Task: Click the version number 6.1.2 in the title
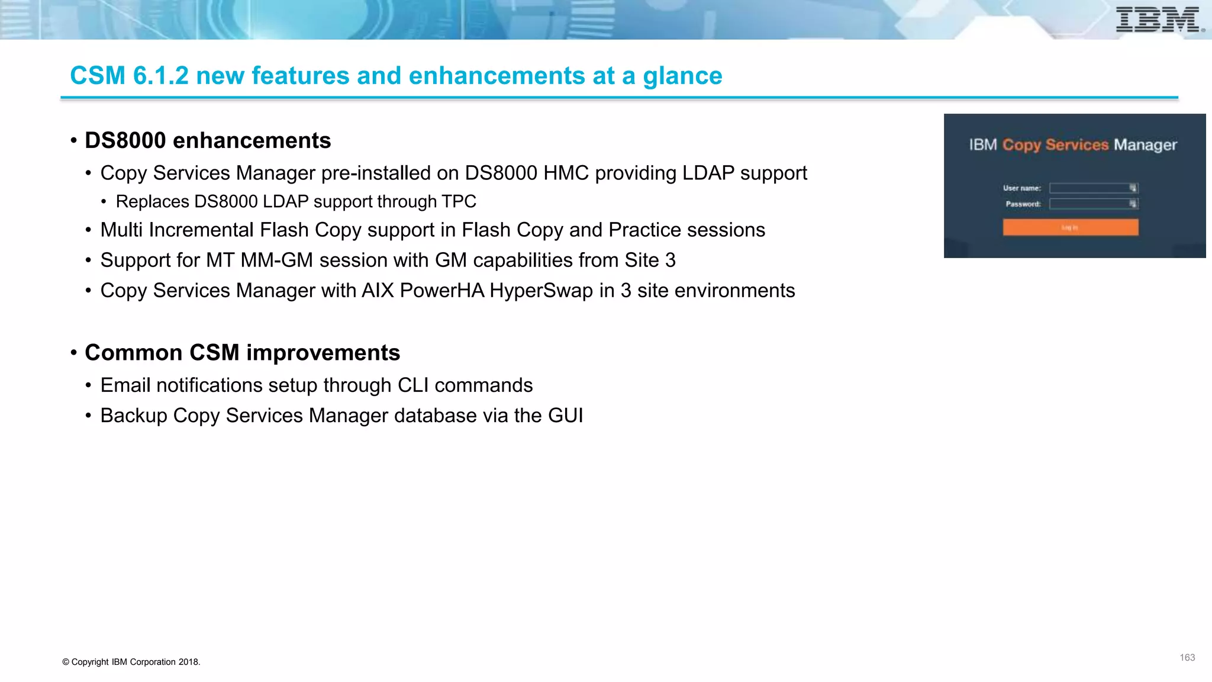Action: click(x=160, y=76)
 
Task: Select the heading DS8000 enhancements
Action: click(x=208, y=141)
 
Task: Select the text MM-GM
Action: click(x=276, y=260)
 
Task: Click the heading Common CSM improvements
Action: click(x=242, y=353)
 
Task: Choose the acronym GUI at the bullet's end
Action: click(x=565, y=416)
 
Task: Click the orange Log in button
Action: click(x=1070, y=227)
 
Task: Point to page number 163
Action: click(x=1187, y=658)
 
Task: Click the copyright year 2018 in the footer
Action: click(x=188, y=662)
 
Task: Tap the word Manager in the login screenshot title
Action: click(x=1145, y=145)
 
